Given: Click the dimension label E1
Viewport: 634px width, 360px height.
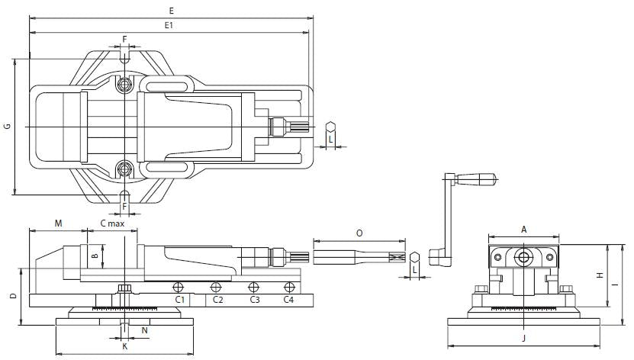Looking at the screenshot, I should pyautogui.click(x=169, y=25).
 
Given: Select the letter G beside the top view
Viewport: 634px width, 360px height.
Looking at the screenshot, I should pyautogui.click(x=7, y=127).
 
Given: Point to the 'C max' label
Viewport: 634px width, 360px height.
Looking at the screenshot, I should pyautogui.click(x=112, y=223).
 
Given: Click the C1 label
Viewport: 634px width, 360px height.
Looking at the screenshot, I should pyautogui.click(x=180, y=300).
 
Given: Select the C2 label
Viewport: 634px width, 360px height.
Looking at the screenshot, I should pyautogui.click(x=217, y=300).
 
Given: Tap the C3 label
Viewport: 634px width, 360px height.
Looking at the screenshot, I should pyautogui.click(x=255, y=300).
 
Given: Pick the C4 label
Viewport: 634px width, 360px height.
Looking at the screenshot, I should pyautogui.click(x=288, y=300).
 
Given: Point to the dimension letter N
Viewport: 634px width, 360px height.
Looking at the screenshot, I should pyautogui.click(x=144, y=330).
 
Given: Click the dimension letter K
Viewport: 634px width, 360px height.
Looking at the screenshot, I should pyautogui.click(x=125, y=346).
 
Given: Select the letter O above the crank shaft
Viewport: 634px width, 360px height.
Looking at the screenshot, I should pyautogui.click(x=360, y=233).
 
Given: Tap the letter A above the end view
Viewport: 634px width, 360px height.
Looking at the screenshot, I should pyautogui.click(x=524, y=229).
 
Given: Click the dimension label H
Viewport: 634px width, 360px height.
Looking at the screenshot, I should pyautogui.click(x=600, y=275).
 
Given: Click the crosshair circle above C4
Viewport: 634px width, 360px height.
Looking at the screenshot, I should pyautogui.click(x=288, y=287).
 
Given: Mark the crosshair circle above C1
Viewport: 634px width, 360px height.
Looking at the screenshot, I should pyautogui.click(x=178, y=287).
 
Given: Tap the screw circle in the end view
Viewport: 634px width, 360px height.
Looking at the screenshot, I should pyautogui.click(x=524, y=256).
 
